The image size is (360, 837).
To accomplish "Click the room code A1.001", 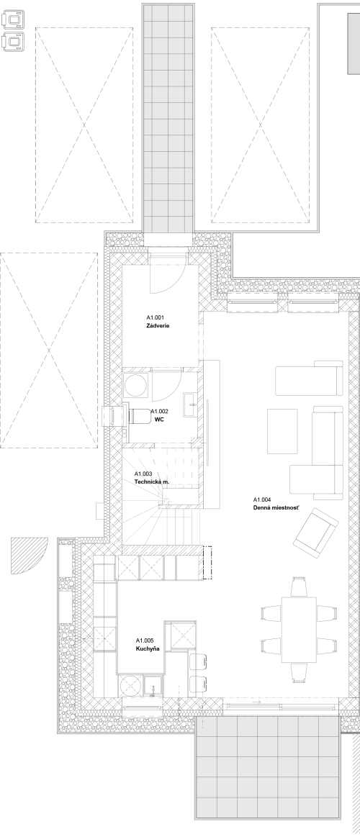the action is [155, 317].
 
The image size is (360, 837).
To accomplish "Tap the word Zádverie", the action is [158, 325].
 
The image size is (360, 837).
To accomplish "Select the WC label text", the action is [158, 420].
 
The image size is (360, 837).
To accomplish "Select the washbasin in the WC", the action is [189, 404].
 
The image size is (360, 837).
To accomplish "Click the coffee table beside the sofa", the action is [282, 431].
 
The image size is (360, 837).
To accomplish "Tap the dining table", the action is [299, 630].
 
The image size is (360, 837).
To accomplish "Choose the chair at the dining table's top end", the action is [299, 587].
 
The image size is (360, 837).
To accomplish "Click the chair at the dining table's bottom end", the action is [299, 673].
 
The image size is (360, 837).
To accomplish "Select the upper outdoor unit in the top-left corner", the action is [14, 20].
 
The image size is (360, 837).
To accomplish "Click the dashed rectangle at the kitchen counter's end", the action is [208, 563].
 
